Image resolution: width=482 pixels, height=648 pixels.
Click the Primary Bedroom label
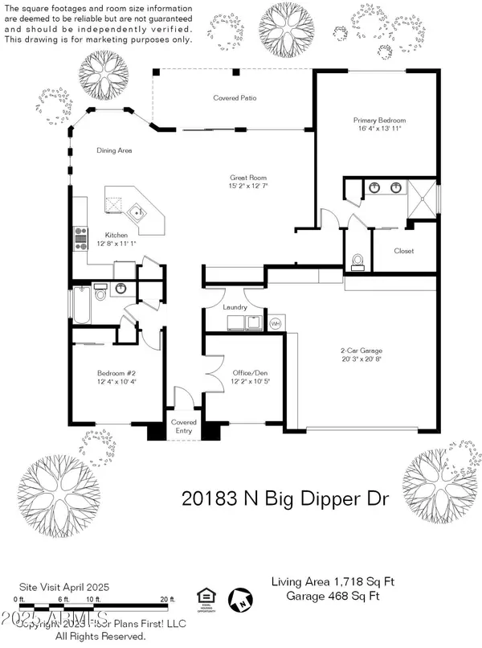click(x=380, y=121)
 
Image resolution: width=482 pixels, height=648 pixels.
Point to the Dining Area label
click(x=114, y=150)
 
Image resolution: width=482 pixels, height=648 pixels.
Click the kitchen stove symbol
click(x=80, y=236)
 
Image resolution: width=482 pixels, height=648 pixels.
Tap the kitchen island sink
click(x=138, y=213)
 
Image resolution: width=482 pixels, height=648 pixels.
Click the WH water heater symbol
click(x=274, y=323)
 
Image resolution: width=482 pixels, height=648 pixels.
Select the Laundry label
click(x=235, y=307)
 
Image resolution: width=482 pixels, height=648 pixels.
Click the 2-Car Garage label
click(x=361, y=351)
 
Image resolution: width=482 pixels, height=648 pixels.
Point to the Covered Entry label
click(x=184, y=427)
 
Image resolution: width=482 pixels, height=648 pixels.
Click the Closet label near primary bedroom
click(x=403, y=251)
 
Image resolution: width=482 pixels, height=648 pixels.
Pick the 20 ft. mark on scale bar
click(x=168, y=599)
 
